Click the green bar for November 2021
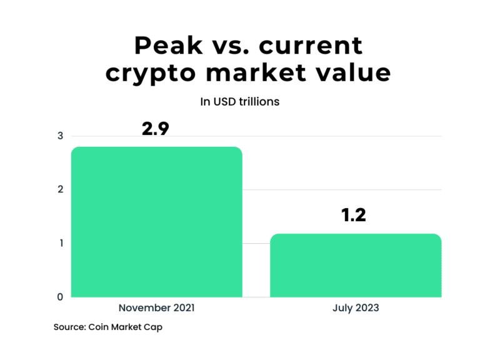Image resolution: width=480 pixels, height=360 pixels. tap(156, 222)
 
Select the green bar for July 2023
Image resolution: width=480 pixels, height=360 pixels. tap(356, 266)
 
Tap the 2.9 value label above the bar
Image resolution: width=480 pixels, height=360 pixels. tap(156, 129)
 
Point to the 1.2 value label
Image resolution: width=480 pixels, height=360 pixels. tap(353, 216)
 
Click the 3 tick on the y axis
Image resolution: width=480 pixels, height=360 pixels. tap(60, 136)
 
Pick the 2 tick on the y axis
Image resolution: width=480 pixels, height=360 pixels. tap(60, 190)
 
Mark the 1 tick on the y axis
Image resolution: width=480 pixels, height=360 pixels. tap(61, 243)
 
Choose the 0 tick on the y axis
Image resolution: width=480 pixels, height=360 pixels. tap(60, 297)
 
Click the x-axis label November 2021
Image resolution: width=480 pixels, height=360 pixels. tap(156, 308)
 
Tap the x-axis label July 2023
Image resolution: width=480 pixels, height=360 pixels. tap(356, 308)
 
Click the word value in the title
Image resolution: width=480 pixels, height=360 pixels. tap(355, 72)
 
